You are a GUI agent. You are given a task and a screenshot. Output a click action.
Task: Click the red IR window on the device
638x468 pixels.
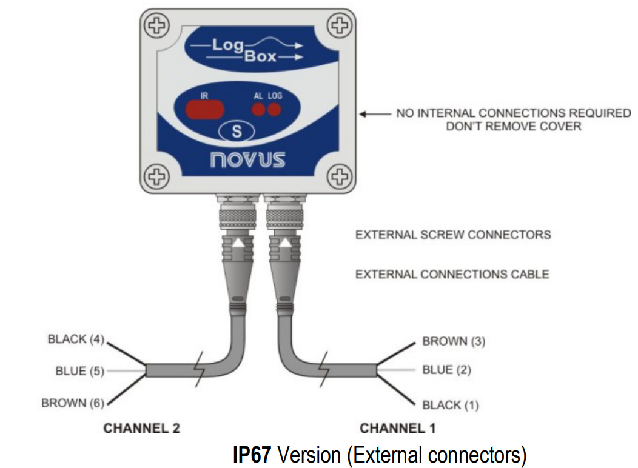205,110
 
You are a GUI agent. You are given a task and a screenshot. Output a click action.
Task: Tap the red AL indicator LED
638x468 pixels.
259,110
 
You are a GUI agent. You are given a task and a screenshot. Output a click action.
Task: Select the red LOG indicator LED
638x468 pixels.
275,110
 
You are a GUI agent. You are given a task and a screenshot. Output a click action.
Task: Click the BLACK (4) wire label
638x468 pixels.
76,339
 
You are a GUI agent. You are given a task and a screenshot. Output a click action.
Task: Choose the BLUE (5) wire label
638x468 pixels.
79,371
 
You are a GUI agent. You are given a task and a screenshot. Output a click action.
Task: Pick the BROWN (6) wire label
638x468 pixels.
72,403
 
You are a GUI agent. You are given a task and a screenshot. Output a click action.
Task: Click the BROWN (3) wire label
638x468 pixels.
454,341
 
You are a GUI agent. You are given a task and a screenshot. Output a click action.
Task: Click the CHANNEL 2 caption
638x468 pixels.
142,429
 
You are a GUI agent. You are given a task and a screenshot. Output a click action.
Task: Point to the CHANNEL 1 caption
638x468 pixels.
398,429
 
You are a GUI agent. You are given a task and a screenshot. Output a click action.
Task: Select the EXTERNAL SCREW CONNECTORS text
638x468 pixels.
453,235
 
